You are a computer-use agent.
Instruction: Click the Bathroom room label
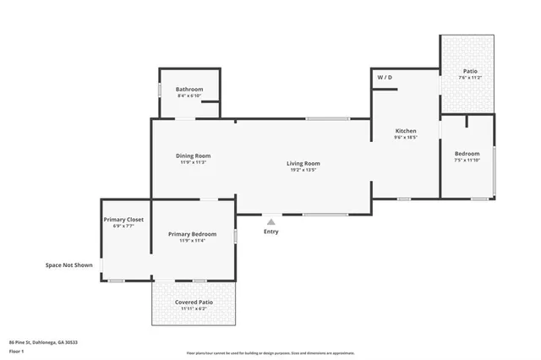(x=189, y=89)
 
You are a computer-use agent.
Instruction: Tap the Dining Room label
(x=193, y=155)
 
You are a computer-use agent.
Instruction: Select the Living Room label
(x=303, y=163)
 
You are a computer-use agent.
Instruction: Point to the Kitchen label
(x=406, y=131)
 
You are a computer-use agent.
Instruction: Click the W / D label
(x=385, y=77)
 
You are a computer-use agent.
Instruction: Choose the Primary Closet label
(x=123, y=220)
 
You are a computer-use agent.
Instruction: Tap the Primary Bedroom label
(x=192, y=234)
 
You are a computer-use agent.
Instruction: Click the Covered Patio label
(x=194, y=302)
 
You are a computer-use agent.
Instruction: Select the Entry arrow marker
(x=270, y=221)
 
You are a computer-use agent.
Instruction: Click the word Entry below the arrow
(x=270, y=232)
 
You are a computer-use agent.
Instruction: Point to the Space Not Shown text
(x=69, y=265)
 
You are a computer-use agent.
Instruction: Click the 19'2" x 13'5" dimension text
(x=303, y=170)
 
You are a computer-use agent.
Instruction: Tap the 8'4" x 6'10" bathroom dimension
(x=189, y=95)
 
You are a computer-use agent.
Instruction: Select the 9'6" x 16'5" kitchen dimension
(x=406, y=138)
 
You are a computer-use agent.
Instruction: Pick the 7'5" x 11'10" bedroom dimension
(x=467, y=160)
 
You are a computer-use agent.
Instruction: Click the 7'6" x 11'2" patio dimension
(x=470, y=78)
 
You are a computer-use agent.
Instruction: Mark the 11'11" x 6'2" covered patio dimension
(x=194, y=309)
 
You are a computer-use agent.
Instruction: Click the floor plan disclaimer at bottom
(x=270, y=352)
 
